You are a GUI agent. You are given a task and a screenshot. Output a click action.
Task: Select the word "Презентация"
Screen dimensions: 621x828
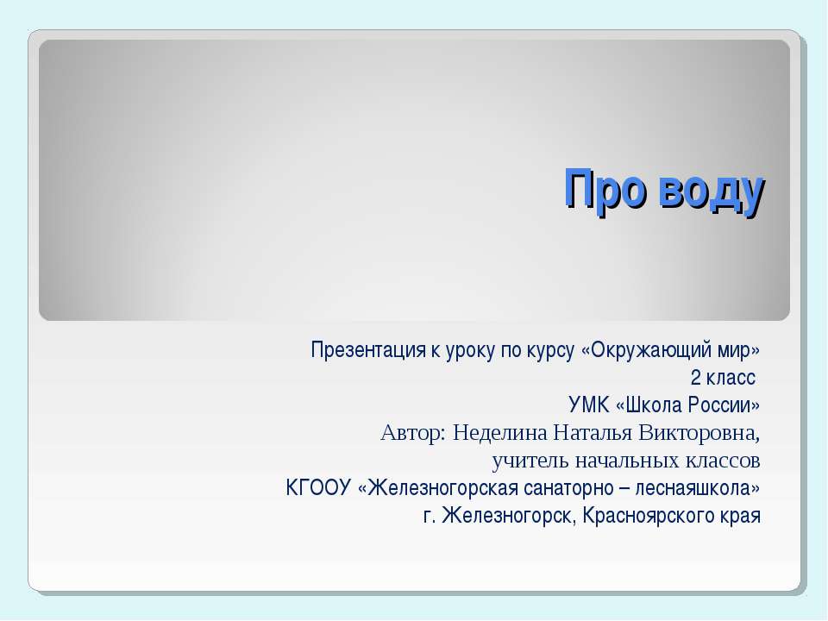point(359,351)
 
